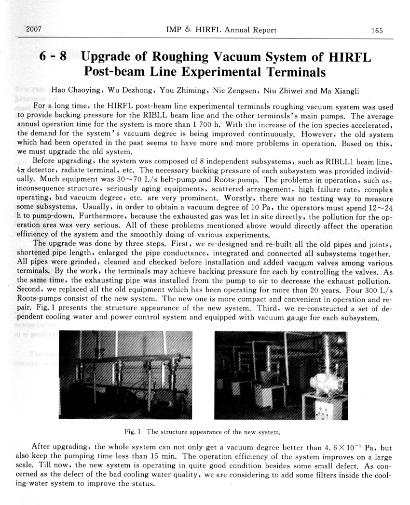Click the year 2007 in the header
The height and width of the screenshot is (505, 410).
pos(33,30)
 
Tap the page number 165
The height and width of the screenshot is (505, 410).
pos(377,30)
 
